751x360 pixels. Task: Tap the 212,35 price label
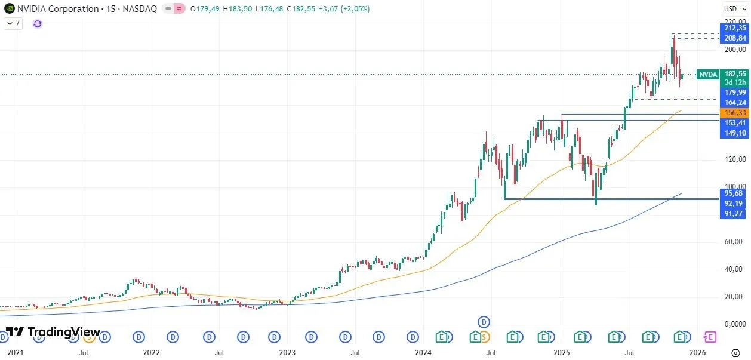pos(734,28)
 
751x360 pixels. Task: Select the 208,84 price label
pos(734,38)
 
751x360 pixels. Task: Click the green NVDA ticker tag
pos(708,75)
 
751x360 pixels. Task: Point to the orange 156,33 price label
pos(734,112)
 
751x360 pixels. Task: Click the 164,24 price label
pos(734,102)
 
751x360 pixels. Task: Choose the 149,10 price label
pos(734,133)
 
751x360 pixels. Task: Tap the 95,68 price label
pos(734,193)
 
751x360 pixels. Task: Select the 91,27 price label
pos(734,214)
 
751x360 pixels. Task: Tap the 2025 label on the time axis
pos(562,352)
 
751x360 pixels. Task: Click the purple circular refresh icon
pos(38,24)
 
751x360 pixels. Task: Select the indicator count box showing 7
pos(13,24)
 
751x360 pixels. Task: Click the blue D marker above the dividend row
pos(484,322)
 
